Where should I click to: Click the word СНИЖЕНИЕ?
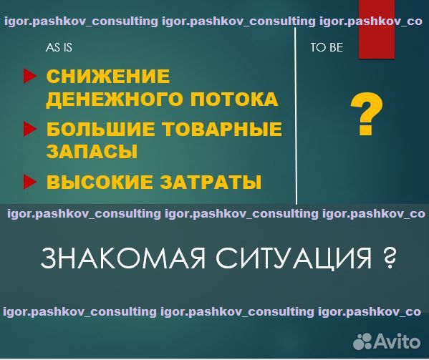(x=108, y=77)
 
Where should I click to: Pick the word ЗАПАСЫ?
(x=92, y=152)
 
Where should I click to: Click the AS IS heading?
(x=59, y=49)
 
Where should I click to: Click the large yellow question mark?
(x=366, y=116)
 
